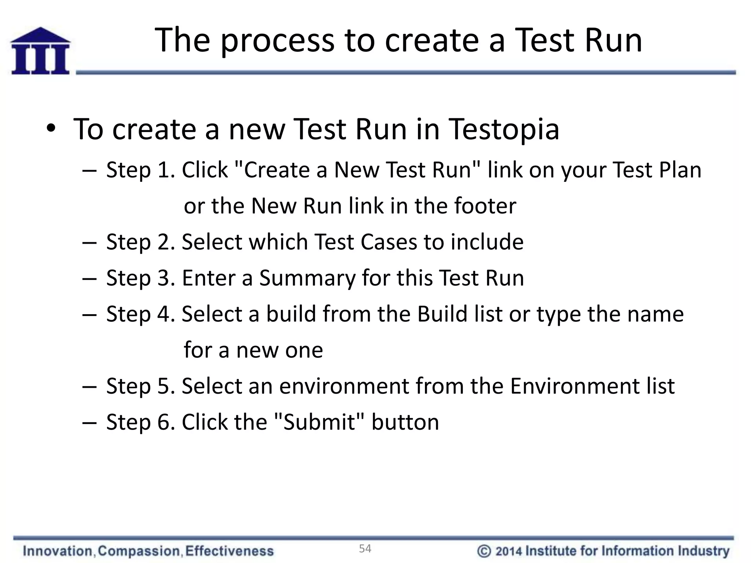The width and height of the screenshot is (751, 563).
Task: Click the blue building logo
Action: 40,51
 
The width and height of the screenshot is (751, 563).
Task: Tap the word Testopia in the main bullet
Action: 504,129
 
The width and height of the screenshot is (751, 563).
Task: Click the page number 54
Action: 365,548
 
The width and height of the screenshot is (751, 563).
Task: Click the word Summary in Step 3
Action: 307,278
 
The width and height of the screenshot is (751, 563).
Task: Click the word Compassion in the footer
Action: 139,551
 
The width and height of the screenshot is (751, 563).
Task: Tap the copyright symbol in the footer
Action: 484,551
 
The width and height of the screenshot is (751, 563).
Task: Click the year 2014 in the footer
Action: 509,551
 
